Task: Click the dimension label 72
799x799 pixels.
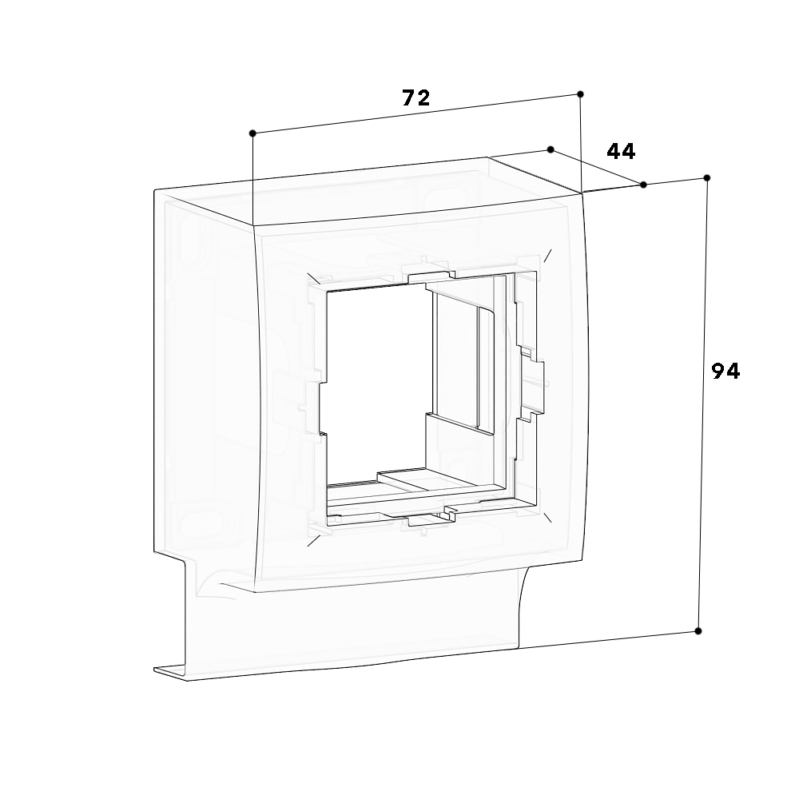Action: [x=416, y=98]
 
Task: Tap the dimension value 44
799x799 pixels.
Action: [x=621, y=151]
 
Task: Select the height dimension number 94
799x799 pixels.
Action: [x=725, y=371]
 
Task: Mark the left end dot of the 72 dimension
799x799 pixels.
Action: [x=252, y=133]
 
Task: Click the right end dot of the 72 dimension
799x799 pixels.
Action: [x=580, y=94]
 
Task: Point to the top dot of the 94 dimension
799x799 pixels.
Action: [x=706, y=177]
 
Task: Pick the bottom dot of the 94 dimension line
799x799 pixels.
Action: [x=698, y=631]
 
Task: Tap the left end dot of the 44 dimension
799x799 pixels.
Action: [x=551, y=149]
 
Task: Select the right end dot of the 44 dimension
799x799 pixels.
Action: [x=644, y=185]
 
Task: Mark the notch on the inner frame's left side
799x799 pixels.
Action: [x=314, y=407]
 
